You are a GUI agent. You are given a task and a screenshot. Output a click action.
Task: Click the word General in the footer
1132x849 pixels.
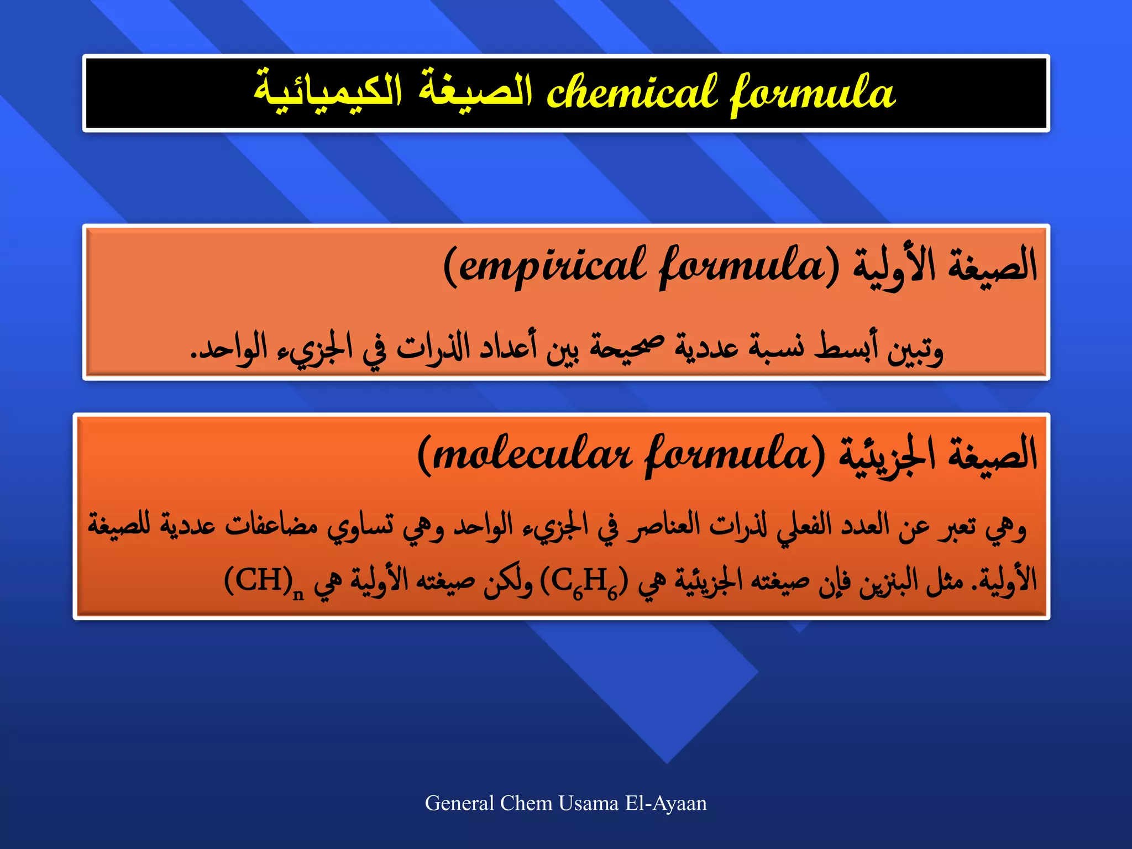(x=459, y=803)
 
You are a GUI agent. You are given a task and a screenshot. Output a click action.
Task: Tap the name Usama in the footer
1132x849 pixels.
(x=588, y=803)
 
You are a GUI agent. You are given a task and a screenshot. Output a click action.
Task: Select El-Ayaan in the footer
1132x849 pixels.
(x=666, y=803)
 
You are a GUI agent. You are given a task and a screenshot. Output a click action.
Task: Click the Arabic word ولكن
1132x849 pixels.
(x=508, y=581)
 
